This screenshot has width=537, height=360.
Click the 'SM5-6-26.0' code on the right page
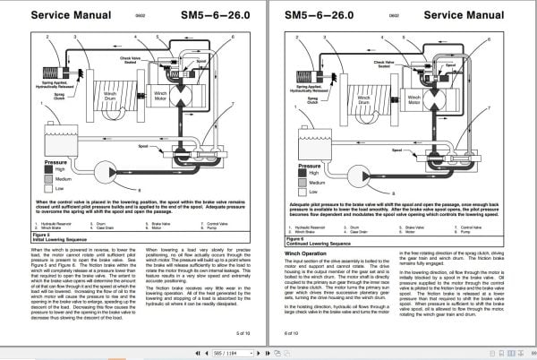click(320, 15)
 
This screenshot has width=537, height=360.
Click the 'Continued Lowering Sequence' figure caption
click(325, 241)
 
